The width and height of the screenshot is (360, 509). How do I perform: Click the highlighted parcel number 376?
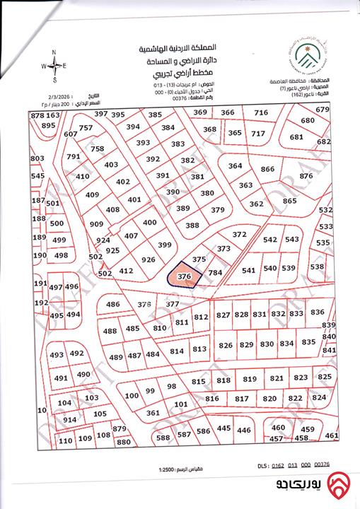point(185,276)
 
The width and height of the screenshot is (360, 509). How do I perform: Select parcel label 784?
point(216,272)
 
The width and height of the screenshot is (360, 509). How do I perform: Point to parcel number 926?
point(149,259)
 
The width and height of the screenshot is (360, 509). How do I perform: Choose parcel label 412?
point(127,271)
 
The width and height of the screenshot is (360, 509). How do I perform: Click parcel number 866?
point(267,170)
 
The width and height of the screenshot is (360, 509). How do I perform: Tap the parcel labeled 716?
point(261,113)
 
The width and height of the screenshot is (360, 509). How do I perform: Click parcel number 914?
point(69,419)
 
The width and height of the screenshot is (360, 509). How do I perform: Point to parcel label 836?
point(318,312)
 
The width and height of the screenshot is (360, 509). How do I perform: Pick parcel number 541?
point(248,269)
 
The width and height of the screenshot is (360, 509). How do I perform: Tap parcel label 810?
point(159,328)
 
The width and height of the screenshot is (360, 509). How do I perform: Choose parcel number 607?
point(70,134)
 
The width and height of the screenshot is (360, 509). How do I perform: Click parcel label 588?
point(163,438)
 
